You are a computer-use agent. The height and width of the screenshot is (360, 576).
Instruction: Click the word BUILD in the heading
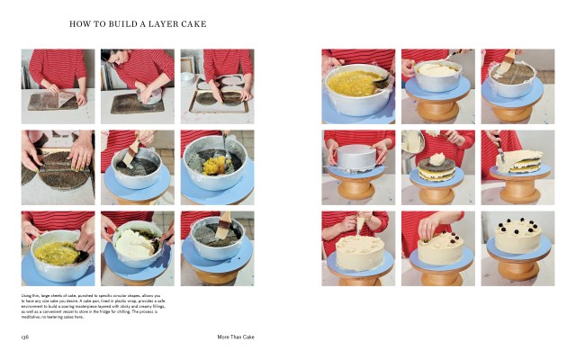[119, 23]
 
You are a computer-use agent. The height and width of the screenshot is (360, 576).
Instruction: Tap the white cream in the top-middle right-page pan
[436, 69]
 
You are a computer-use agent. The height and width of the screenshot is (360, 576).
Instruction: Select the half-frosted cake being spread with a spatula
[517, 166]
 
